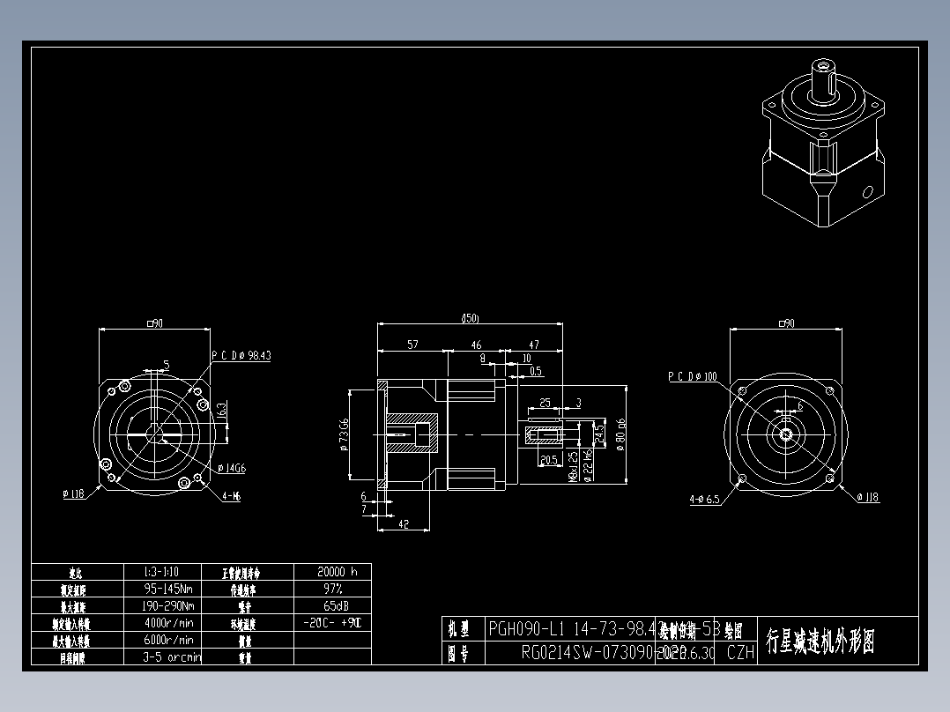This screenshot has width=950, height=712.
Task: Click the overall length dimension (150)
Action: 470,318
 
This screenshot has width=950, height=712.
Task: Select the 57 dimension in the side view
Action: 412,345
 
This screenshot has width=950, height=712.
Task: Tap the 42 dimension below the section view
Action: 404,523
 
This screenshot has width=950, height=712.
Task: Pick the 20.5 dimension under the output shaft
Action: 548,460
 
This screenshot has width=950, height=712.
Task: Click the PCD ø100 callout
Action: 692,376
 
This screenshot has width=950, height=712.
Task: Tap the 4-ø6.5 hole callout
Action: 704,499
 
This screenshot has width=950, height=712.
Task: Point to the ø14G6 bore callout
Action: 230,469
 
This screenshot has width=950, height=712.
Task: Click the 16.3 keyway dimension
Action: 222,410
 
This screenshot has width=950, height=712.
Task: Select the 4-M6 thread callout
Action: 232,496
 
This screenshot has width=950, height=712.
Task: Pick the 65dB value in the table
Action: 332,605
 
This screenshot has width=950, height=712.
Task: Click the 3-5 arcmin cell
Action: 171,656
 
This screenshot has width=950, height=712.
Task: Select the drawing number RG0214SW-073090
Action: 586,653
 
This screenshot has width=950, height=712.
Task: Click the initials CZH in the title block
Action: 740,653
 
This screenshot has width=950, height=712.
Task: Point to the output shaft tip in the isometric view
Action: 824,66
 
